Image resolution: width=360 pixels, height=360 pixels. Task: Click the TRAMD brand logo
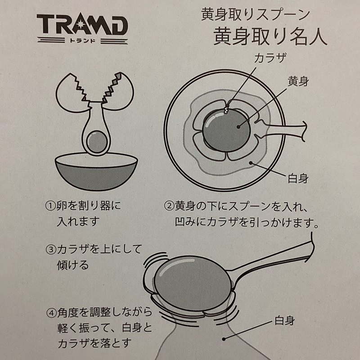coord(82,25)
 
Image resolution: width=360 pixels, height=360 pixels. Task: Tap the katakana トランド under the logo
coord(82,41)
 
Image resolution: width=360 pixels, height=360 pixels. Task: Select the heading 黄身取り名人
coord(270,37)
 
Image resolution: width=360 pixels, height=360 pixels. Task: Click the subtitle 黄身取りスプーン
coord(256,14)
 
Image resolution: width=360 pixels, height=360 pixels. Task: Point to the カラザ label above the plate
coord(270,58)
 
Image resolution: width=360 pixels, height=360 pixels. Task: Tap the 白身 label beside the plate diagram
coord(298,178)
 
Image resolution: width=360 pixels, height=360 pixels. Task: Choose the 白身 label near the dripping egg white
coord(285,320)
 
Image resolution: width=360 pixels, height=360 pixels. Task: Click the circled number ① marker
coord(51,206)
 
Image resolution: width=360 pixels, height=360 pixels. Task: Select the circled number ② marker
coord(169,206)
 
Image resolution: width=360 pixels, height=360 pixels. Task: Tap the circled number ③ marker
coord(51,249)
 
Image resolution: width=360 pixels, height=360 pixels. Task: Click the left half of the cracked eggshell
coord(72,93)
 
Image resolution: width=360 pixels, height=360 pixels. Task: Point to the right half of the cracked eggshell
coord(118,91)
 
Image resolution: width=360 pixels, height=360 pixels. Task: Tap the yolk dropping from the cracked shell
coord(97,141)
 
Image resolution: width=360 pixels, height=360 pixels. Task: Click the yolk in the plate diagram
coord(226,131)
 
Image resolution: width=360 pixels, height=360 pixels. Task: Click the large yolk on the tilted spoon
coord(193,284)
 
